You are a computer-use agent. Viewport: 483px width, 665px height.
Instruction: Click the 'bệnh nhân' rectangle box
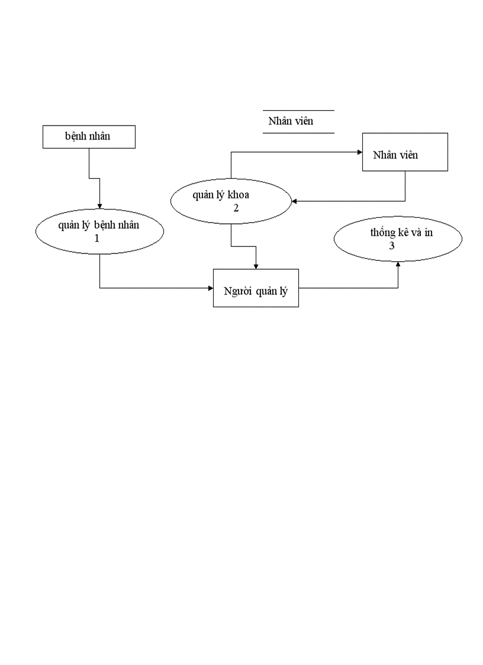(x=89, y=137)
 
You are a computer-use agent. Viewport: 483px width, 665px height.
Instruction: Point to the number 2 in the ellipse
(x=236, y=208)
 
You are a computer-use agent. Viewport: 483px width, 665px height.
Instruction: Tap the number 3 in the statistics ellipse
(x=392, y=246)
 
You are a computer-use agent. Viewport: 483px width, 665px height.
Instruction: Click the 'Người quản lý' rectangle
(x=256, y=288)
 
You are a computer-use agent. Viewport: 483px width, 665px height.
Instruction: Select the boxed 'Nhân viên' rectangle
(x=405, y=152)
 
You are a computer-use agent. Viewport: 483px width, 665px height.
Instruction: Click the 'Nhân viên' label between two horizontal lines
(x=291, y=121)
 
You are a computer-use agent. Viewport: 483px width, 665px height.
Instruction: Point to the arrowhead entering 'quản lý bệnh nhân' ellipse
(x=99, y=205)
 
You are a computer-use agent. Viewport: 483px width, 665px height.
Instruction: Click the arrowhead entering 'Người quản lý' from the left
(x=210, y=288)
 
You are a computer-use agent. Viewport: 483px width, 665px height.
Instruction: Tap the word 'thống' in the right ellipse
(x=382, y=233)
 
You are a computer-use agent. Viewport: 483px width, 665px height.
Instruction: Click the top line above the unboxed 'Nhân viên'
(x=298, y=110)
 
